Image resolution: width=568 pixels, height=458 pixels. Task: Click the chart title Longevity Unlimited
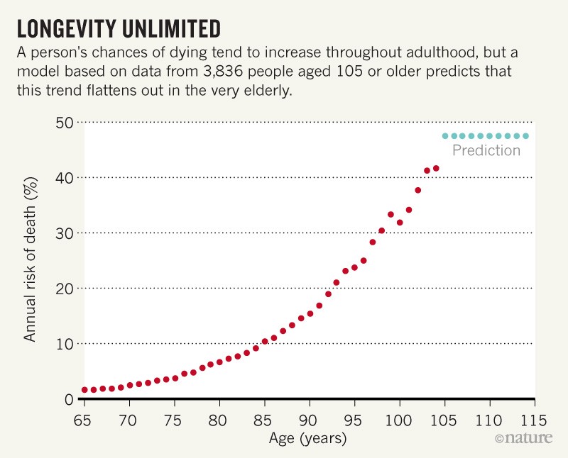tap(119, 28)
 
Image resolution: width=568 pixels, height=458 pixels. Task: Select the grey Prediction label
tap(486, 151)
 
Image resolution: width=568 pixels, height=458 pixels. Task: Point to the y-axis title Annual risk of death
tap(31, 260)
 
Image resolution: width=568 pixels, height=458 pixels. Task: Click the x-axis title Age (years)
tap(307, 439)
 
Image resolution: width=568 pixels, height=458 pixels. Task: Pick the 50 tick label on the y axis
tap(65, 122)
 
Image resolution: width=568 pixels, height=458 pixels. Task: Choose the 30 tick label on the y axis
tap(65, 233)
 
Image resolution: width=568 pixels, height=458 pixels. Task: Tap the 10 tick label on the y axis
tap(65, 344)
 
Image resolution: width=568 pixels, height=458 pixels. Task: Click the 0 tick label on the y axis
tap(70, 399)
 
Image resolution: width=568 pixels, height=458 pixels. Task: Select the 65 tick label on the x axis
tap(84, 419)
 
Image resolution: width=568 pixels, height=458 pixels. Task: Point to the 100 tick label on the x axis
tap(399, 419)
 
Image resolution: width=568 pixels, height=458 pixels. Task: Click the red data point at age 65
tap(84, 390)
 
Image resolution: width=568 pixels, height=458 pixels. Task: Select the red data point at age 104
tap(436, 169)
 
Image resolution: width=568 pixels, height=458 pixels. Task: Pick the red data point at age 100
tap(400, 223)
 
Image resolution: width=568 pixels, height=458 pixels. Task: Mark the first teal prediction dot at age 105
tap(445, 136)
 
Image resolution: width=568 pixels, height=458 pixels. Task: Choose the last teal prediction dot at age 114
tap(526, 136)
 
